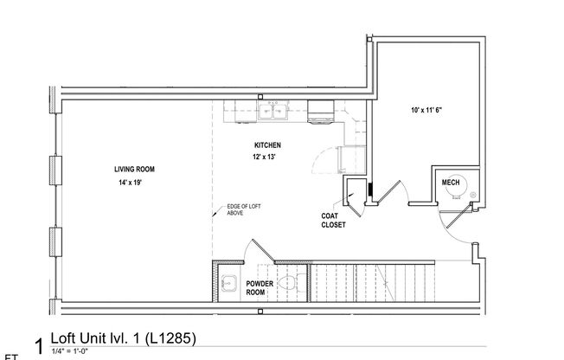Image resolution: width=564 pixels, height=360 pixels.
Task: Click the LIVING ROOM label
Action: click(x=134, y=169)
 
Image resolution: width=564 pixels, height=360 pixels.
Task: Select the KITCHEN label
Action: click(x=267, y=145)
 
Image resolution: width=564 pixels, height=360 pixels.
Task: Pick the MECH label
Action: click(x=450, y=183)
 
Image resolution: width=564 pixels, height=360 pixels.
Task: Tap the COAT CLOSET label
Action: click(x=334, y=221)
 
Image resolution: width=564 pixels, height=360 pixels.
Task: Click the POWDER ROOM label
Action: click(x=260, y=287)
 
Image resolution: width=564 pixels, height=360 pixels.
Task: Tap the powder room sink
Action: click(x=230, y=282)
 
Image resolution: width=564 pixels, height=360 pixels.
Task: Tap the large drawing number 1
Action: click(x=38, y=345)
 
